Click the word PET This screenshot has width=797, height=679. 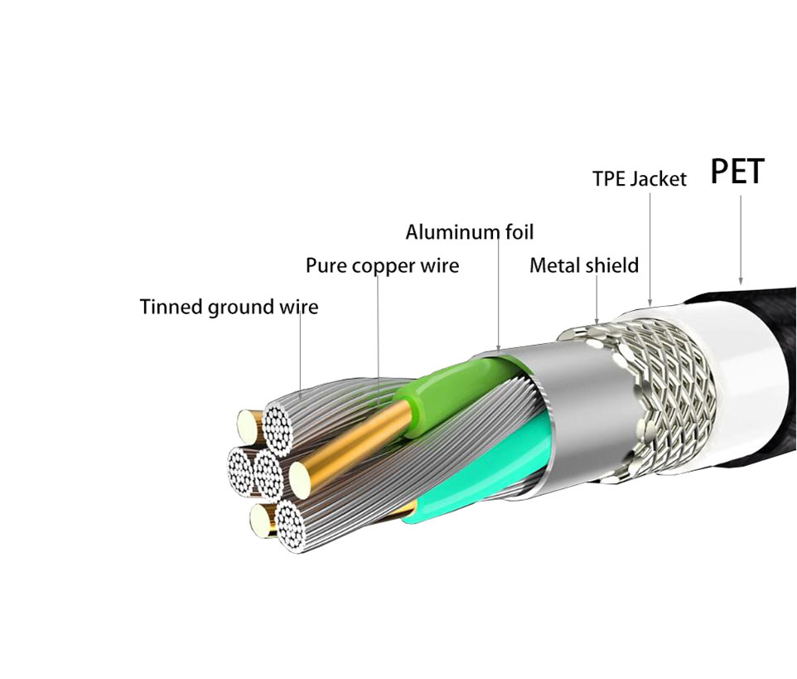point(737,171)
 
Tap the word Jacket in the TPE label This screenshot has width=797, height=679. point(659,178)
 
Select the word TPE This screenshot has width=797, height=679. point(609,178)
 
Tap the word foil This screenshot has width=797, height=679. point(519,231)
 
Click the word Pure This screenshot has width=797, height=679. point(326,265)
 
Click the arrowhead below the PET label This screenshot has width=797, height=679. point(741,280)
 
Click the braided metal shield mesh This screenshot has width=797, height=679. point(666,397)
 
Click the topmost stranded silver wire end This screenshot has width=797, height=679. point(278,429)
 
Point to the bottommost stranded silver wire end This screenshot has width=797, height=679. point(291,527)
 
